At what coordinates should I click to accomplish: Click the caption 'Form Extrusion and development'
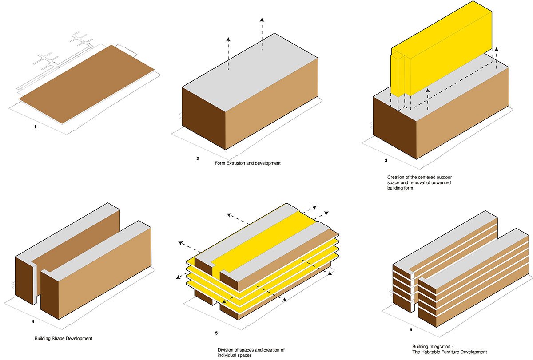coord(247,163)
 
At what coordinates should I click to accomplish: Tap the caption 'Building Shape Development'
coord(63,339)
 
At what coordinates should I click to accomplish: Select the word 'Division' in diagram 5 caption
coord(227,350)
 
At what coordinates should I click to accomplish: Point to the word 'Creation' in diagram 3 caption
coord(396,177)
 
